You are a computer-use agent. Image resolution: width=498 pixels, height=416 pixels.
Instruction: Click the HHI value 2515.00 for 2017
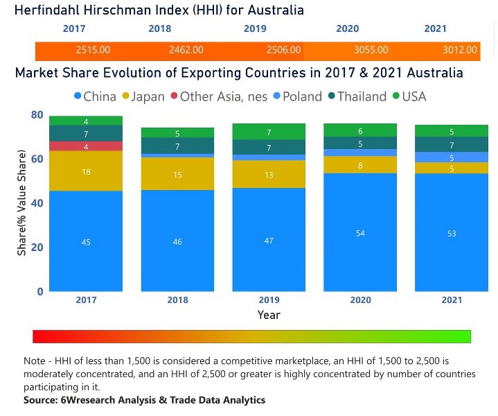pos(93,50)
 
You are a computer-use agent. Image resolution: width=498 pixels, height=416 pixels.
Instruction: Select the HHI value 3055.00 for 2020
pos(371,50)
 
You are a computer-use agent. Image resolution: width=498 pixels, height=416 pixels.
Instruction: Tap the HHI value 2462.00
pos(186,50)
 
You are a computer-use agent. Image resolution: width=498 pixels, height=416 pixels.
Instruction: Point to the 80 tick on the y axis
pos(37,115)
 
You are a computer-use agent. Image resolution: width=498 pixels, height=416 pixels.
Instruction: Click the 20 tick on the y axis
pos(37,248)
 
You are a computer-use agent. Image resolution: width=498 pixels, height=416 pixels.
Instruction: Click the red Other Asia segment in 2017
pos(86,146)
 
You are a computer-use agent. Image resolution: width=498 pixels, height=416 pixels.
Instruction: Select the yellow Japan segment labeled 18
pos(86,171)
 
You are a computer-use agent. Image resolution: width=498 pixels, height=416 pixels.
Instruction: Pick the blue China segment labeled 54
pos(359,233)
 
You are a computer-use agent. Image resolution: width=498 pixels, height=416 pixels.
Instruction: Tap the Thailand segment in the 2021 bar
pos(451,145)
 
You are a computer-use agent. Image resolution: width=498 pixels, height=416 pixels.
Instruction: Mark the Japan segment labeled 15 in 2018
pos(177,175)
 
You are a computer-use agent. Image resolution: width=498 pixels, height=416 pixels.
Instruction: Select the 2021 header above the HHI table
pos(435,29)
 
